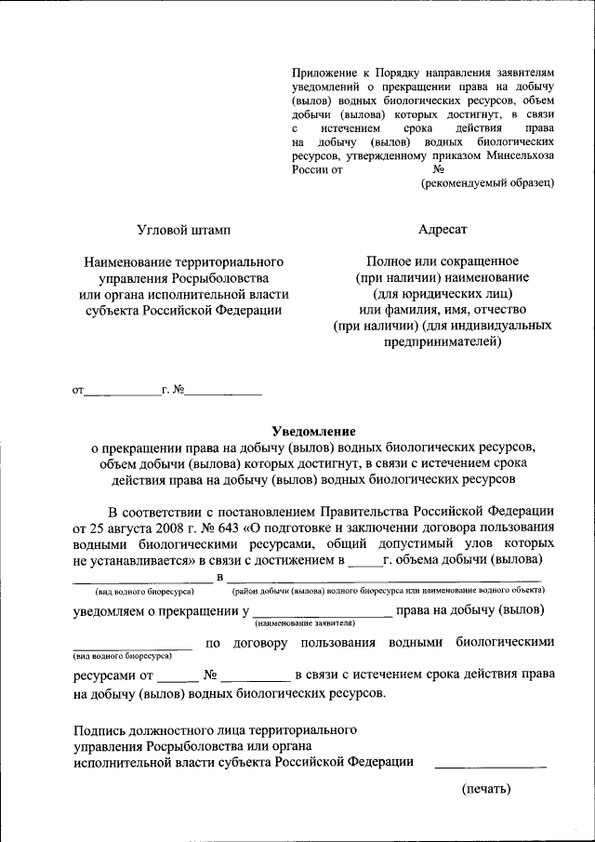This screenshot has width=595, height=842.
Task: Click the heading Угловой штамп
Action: click(183, 229)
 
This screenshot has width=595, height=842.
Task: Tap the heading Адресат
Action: click(443, 229)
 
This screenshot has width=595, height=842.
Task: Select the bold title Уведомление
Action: click(313, 431)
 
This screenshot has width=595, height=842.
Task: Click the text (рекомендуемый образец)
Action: click(488, 183)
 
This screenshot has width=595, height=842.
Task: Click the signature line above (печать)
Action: click(490, 766)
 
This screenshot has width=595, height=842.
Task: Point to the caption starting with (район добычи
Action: click(383, 591)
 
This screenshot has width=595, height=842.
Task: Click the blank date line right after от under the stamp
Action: click(122, 396)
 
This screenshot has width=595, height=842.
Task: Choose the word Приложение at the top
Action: click(322, 71)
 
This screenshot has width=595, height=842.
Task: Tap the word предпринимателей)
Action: click(443, 342)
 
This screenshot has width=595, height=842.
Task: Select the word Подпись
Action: click(100, 729)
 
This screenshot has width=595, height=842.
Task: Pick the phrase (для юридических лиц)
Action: click(443, 293)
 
